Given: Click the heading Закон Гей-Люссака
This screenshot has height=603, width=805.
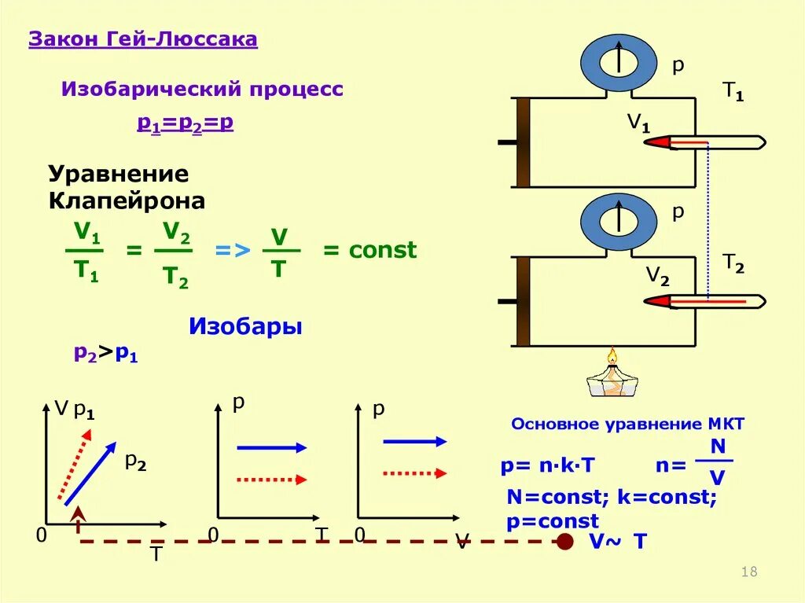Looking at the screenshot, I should click(143, 40).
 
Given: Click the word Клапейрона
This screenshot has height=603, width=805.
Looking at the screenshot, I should click(127, 201).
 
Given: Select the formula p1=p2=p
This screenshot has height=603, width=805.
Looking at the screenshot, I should click(186, 123).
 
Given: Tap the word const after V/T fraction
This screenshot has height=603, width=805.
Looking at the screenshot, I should click(382, 251).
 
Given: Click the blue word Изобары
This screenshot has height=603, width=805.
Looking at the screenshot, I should click(245, 326).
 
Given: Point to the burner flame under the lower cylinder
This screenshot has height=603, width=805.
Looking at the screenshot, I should click(612, 358).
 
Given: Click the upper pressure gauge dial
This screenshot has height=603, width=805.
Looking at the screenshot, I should click(618, 61).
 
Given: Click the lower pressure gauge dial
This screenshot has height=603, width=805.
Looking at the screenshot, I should click(618, 221).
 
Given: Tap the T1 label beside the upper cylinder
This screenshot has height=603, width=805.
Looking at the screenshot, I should click(733, 94).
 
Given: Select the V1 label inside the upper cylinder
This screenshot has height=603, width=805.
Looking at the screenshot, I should click(638, 123).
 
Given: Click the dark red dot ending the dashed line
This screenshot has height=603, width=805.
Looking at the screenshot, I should click(564, 541).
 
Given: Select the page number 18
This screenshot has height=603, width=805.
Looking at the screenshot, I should click(749, 572).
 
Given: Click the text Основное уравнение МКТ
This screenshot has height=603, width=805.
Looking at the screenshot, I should click(627, 424).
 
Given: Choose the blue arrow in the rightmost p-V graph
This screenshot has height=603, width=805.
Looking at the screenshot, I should click(414, 442).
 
